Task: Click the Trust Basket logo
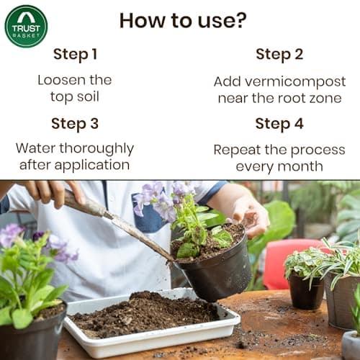tap(26, 26)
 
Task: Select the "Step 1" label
tap(74, 54)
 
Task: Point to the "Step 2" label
tap(279, 54)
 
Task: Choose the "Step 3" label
tap(74, 123)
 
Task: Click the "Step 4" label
tap(279, 123)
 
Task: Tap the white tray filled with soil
tap(151, 324)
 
